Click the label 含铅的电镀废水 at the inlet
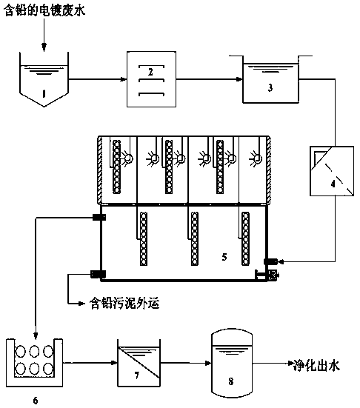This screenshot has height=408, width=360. click(44, 11)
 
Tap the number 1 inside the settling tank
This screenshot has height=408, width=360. click(44, 94)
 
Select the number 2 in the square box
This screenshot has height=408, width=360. click(150, 72)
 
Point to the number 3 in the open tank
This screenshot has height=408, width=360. click(270, 87)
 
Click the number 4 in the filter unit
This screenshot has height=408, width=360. click(333, 184)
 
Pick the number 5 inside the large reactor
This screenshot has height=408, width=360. click(224, 257)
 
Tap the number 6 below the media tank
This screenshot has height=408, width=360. click(36, 400)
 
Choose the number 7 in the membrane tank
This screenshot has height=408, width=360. click(137, 375)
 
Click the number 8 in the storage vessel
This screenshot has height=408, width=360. click(231, 381)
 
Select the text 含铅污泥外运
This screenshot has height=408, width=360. click(124, 304)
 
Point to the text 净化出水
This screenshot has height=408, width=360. click(316, 366)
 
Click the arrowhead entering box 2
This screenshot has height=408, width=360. click(124, 79)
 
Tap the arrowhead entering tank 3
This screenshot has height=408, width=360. click(239, 79)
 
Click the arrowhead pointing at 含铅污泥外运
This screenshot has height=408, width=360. click(82, 304)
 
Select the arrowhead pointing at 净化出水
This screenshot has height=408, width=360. click(290, 363)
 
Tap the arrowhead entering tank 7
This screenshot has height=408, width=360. click(114, 362)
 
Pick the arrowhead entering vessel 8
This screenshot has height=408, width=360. click(208, 363)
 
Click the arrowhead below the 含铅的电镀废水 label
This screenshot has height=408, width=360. click(44, 47)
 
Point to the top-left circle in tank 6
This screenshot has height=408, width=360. click(21, 352)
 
